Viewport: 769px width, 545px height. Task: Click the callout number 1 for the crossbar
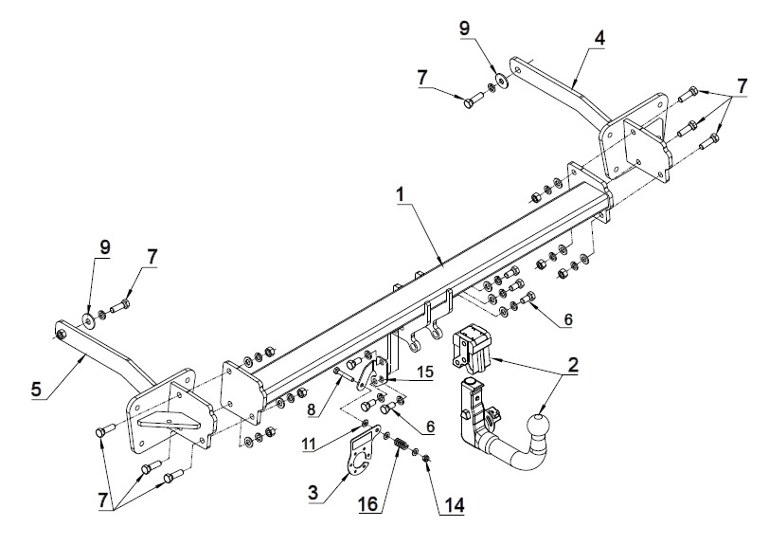tap(401, 194)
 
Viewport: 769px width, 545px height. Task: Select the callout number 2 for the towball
tap(572, 365)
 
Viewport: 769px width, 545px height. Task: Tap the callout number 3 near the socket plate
tap(313, 493)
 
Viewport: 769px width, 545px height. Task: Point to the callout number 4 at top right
tap(599, 38)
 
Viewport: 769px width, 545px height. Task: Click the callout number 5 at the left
tap(36, 390)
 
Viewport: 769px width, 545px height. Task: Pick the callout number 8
tap(313, 409)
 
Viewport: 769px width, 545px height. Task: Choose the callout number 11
tap(309, 444)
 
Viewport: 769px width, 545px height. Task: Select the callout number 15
tap(423, 372)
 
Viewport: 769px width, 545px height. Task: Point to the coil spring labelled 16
tap(401, 445)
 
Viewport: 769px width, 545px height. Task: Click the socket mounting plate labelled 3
tap(364, 452)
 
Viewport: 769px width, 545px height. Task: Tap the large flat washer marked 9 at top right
tap(502, 79)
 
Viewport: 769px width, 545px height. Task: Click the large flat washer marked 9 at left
tap(89, 320)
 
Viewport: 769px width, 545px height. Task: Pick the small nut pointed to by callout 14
tap(426, 459)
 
